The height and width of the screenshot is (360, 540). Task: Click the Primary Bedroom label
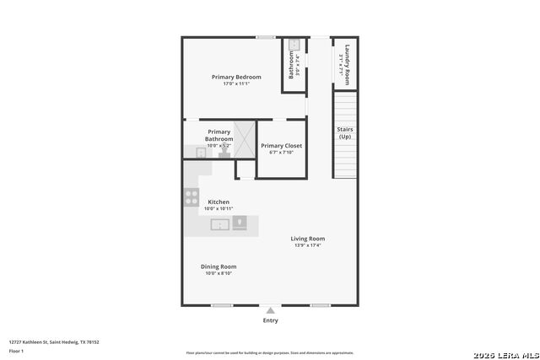point(236,77)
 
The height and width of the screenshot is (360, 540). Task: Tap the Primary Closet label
point(281,146)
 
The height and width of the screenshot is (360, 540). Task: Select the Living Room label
point(307,239)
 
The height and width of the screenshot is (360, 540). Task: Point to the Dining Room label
point(218,266)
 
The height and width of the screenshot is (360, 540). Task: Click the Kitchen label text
point(219,202)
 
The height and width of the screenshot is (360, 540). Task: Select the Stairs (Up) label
point(345,132)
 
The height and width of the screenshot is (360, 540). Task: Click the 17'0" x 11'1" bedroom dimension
point(236,83)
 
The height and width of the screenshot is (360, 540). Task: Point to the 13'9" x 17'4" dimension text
point(307,245)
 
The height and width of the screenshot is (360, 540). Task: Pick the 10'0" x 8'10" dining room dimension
point(218,273)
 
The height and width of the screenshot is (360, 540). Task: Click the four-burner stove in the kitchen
point(192,198)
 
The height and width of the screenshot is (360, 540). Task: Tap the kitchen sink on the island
point(219,224)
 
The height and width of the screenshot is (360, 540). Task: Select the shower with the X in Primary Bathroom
point(244,140)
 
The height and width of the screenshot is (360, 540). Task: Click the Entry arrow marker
point(270,311)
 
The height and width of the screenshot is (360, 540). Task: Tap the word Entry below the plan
point(270,320)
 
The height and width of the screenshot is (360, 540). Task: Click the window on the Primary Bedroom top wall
point(265,36)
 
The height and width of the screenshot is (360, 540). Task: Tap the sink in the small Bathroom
point(294,46)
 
